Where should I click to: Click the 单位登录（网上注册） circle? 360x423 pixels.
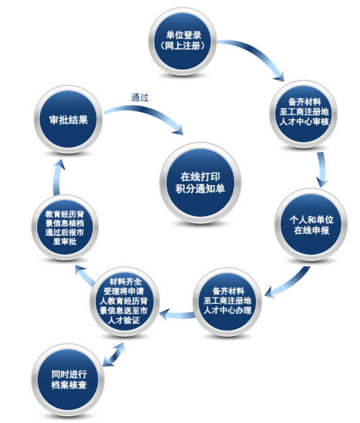pyautogui.click(x=183, y=42)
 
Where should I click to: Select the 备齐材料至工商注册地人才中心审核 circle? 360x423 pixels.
pyautogui.click(x=304, y=114)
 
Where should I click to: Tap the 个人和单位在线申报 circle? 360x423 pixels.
pyautogui.click(x=311, y=225)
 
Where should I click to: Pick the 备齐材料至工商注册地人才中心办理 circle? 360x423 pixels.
pyautogui.click(x=227, y=302)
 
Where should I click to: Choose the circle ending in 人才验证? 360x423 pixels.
pyautogui.click(x=125, y=302)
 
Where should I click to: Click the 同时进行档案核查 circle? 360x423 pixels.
pyautogui.click(x=69, y=380)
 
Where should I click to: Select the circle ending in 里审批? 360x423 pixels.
pyautogui.click(x=65, y=227)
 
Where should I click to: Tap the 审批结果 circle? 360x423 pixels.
pyautogui.click(x=68, y=120)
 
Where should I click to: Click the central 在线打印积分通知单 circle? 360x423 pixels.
pyautogui.click(x=200, y=183)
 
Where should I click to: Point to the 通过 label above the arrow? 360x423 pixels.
pyautogui.click(x=140, y=98)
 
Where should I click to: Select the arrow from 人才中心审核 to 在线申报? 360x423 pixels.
pyautogui.click(x=322, y=169)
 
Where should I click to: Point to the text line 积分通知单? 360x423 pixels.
pyautogui.click(x=200, y=189)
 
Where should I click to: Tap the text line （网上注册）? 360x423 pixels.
pyautogui.click(x=183, y=46)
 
